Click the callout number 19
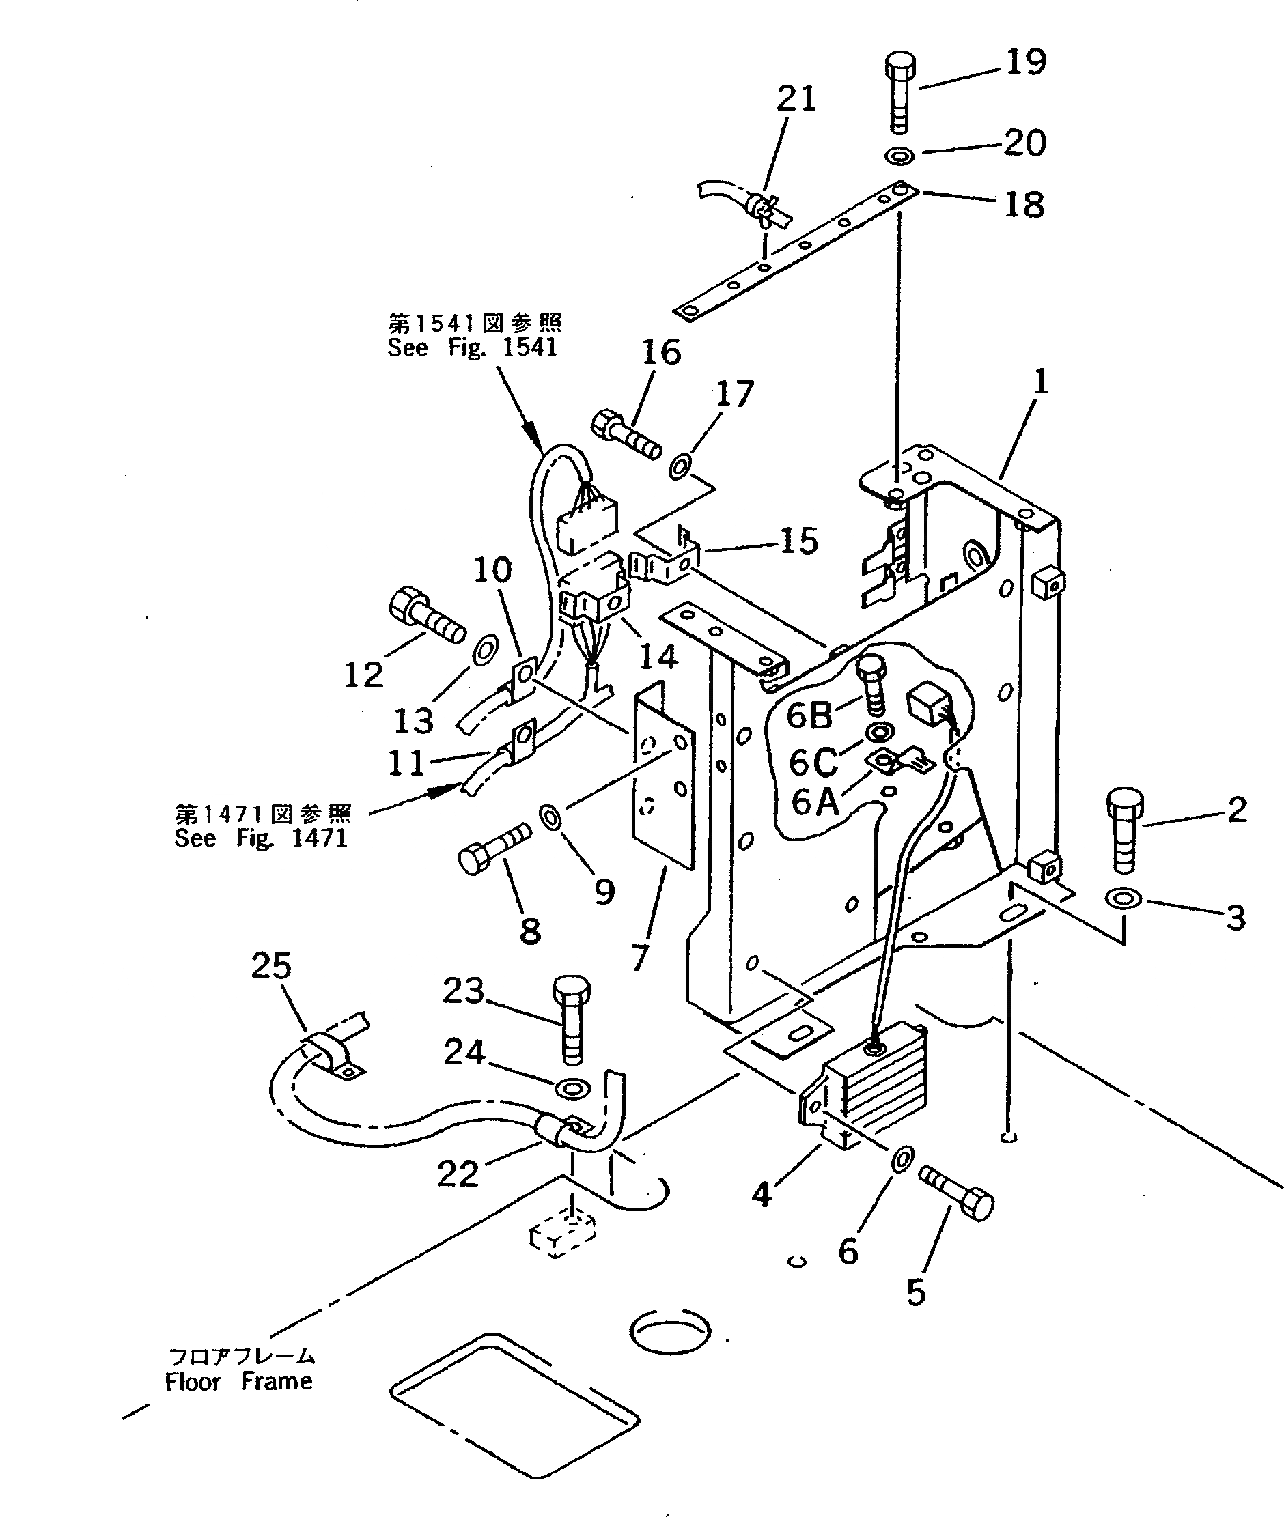[1026, 61]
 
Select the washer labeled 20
[900, 155]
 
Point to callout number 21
[796, 98]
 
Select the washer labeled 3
[1123, 898]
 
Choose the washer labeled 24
[572, 1088]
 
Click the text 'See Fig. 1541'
[473, 348]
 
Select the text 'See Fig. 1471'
[261, 838]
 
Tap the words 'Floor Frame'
[239, 1381]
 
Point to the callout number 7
[639, 956]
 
